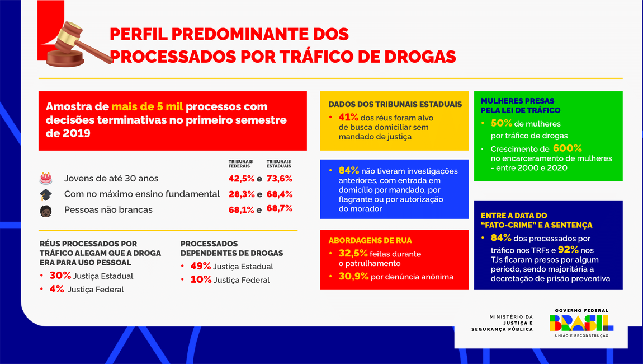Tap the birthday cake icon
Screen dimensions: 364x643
(x=46, y=179)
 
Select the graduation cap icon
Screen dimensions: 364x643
(x=46, y=194)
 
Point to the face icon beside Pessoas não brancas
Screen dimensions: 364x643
(x=46, y=210)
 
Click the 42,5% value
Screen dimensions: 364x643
(x=241, y=179)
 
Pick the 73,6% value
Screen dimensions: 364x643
(x=279, y=179)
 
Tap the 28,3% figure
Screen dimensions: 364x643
(x=241, y=194)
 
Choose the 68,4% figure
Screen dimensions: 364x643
(x=279, y=194)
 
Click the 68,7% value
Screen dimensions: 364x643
(x=279, y=209)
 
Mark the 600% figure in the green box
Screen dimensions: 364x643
(x=567, y=148)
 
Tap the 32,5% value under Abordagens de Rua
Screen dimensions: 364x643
(x=352, y=254)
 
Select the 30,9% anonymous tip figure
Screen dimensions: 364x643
(x=352, y=276)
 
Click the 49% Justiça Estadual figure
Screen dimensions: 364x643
(x=200, y=266)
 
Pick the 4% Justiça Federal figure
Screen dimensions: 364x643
(x=56, y=289)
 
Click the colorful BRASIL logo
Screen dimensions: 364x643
(x=581, y=323)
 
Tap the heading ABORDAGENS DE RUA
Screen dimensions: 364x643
(x=370, y=240)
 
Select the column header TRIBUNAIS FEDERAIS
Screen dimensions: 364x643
(x=240, y=164)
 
